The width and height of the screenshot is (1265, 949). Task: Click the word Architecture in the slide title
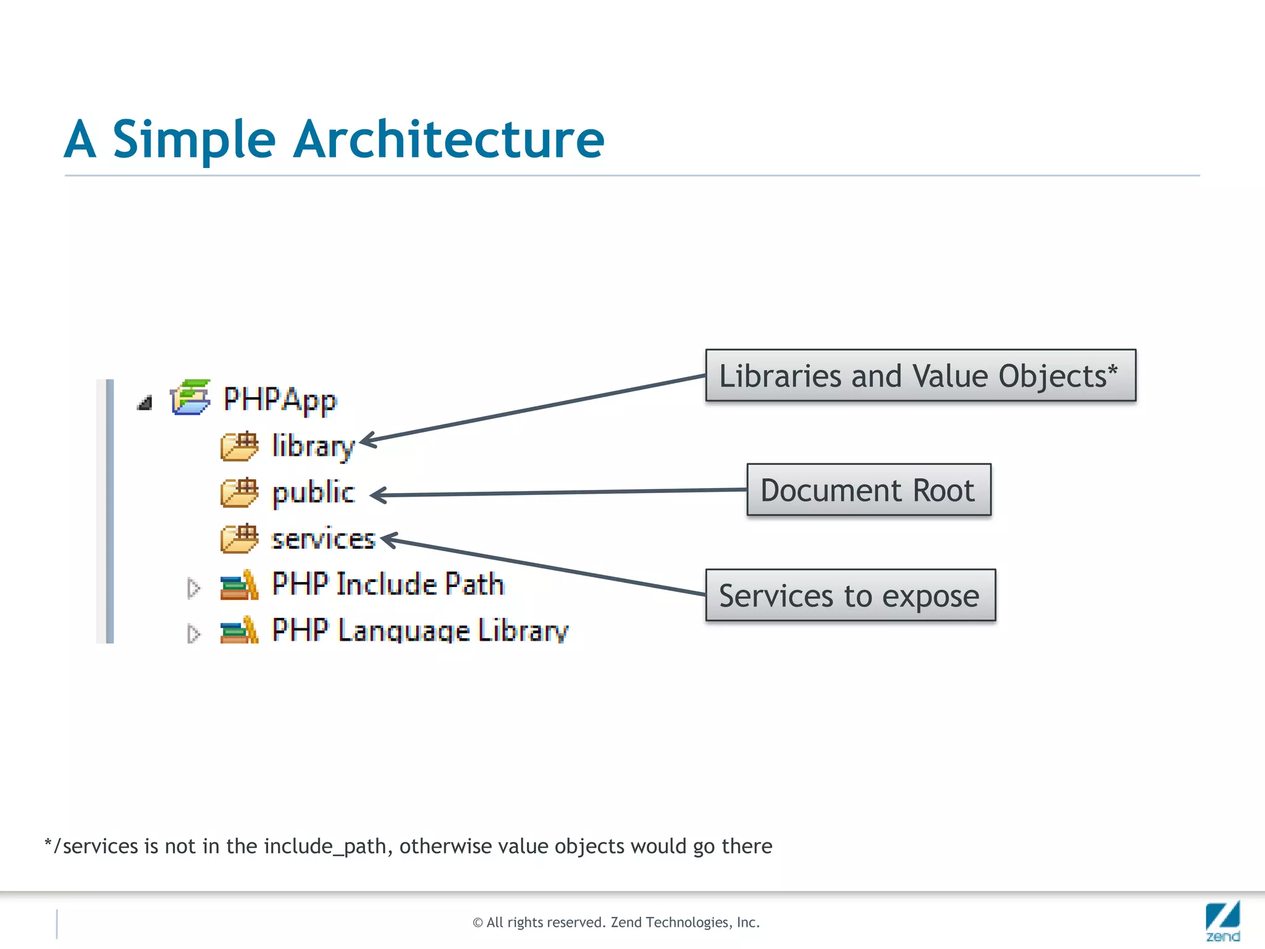448,140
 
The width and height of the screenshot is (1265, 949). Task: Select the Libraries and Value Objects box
920,376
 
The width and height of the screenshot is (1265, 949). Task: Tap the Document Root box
868,490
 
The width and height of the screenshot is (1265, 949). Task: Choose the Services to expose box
850,596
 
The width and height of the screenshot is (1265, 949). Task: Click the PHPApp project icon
190,397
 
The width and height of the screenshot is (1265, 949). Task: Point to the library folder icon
239,445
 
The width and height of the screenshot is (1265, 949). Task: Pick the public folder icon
239,492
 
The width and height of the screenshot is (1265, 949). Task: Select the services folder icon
239,538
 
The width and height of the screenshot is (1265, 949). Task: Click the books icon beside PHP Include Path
239,584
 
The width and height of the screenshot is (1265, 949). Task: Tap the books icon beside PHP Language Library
239,630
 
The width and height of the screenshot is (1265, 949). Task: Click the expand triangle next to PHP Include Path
193,588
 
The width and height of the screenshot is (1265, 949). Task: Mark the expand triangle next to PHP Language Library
193,634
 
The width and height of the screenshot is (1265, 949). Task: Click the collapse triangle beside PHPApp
145,403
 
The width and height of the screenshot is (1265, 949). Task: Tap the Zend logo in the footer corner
1222,921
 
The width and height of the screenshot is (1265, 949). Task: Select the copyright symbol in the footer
477,923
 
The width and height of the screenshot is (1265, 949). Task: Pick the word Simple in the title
193,140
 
